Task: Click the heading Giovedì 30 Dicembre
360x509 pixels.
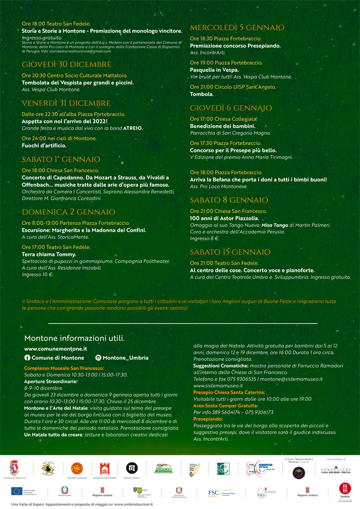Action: (x=66, y=65)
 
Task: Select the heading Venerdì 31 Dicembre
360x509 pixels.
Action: (x=66, y=103)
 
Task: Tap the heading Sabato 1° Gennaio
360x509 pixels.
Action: (x=61, y=160)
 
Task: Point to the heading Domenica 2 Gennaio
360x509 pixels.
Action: (x=68, y=212)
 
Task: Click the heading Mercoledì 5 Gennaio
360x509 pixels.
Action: (x=237, y=28)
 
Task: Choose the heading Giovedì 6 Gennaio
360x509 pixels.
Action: (x=230, y=108)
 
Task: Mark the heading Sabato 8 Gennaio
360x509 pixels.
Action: (x=229, y=200)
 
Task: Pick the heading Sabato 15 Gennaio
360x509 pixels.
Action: (x=230, y=252)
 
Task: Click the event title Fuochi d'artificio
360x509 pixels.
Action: (x=44, y=145)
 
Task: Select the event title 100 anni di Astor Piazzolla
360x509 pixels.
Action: (x=224, y=218)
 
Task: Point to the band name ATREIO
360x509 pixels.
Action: (x=132, y=128)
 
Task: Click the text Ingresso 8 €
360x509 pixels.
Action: (x=204, y=238)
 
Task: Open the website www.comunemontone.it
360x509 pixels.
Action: (x=56, y=349)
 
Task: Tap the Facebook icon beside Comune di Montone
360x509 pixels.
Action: (x=27, y=358)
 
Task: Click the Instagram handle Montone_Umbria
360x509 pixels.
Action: (x=125, y=358)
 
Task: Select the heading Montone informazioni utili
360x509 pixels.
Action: (x=74, y=338)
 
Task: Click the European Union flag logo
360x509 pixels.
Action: (x=16, y=491)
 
